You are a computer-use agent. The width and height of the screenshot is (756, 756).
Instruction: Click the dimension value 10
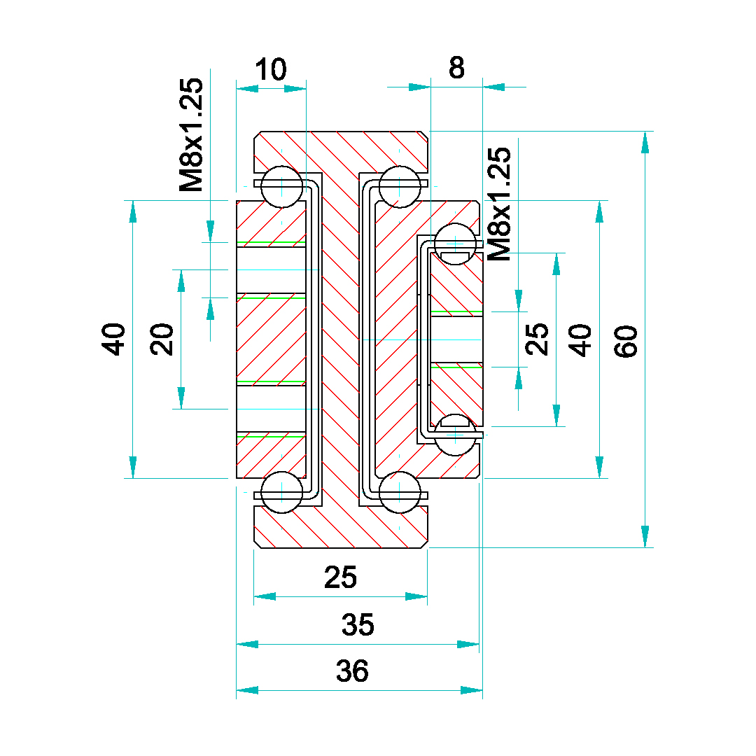coord(270,70)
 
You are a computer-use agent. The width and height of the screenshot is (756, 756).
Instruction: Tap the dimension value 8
coord(456,69)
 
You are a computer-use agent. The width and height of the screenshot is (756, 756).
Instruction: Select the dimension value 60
coord(626,341)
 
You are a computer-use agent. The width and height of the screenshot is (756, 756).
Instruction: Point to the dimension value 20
coord(163,339)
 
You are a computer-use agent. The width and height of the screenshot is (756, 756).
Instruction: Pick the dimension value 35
coord(358,624)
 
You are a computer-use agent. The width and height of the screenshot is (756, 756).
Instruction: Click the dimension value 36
coord(352,671)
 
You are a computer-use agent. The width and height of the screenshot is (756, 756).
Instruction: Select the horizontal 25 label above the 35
coord(341,577)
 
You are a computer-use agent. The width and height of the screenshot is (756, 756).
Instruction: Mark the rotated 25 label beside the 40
coord(538,339)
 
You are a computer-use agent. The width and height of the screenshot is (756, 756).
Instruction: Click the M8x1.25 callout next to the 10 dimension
coord(191,134)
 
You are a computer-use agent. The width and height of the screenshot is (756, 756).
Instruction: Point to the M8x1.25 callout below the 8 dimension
coord(498,205)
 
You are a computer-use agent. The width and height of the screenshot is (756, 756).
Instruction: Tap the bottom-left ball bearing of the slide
coord(281,492)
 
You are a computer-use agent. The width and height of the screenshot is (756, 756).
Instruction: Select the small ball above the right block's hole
coord(455,244)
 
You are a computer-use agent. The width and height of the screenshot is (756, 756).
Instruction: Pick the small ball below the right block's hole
coord(455,434)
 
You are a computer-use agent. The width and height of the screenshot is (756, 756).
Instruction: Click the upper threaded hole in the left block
coord(272,269)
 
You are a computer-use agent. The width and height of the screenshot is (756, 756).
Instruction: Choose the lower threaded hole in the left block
coord(272,408)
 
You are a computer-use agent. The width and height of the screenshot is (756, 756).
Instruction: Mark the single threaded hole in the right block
coord(456,339)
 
